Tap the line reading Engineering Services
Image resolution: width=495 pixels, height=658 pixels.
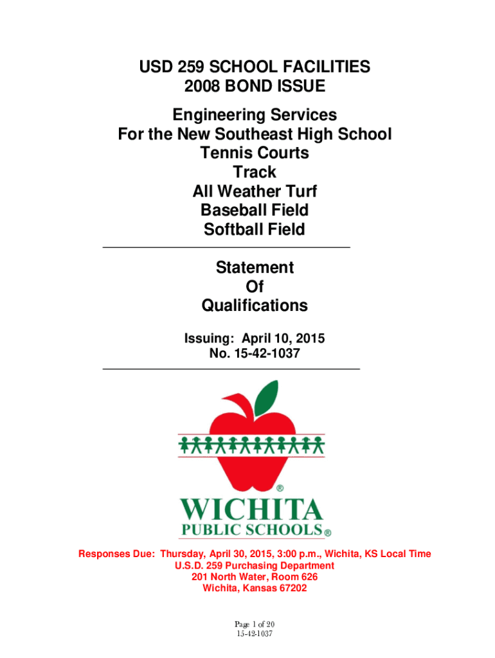click(254, 116)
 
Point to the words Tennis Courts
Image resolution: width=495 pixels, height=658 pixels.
click(254, 154)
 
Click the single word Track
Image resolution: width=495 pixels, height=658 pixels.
click(255, 172)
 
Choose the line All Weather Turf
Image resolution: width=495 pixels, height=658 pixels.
click(255, 191)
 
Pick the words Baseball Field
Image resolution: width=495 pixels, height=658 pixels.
click(255, 210)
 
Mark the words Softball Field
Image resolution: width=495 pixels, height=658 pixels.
click(255, 229)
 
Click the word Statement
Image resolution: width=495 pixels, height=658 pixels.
click(255, 268)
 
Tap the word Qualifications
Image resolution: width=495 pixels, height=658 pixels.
click(255, 306)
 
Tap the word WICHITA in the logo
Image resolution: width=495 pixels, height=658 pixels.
click(251, 511)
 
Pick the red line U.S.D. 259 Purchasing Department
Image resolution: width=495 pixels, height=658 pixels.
click(255, 565)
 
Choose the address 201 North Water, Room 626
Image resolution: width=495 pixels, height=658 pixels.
click(255, 577)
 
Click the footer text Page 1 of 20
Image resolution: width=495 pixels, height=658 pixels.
click(255, 625)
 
